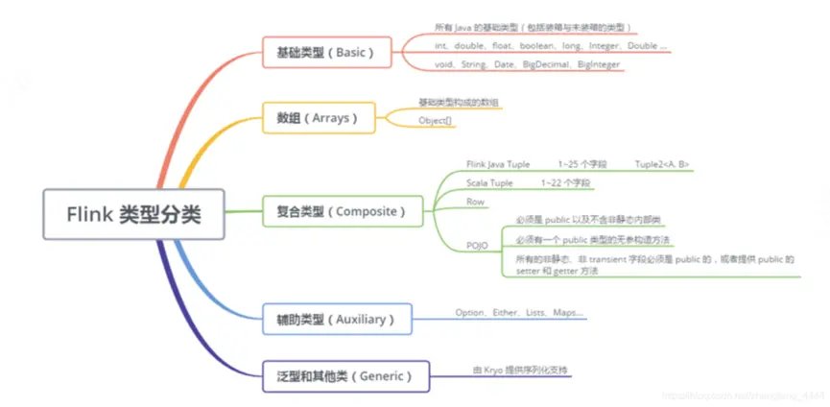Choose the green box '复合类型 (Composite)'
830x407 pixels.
tap(342, 210)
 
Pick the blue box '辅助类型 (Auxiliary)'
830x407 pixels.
tap(337, 319)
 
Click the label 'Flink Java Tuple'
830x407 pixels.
tap(498, 164)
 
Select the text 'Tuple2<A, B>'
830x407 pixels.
tap(661, 164)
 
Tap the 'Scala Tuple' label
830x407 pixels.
tap(489, 182)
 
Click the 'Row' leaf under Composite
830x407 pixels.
tap(475, 202)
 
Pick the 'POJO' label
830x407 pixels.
tap(477, 246)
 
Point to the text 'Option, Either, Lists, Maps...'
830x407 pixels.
tap(519, 313)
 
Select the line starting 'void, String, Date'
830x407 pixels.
tap(528, 64)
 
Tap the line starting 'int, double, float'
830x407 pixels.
tap(551, 46)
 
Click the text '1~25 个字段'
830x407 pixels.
tap(582, 164)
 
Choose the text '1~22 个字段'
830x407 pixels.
tap(566, 182)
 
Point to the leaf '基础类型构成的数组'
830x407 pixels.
tap(459, 102)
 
